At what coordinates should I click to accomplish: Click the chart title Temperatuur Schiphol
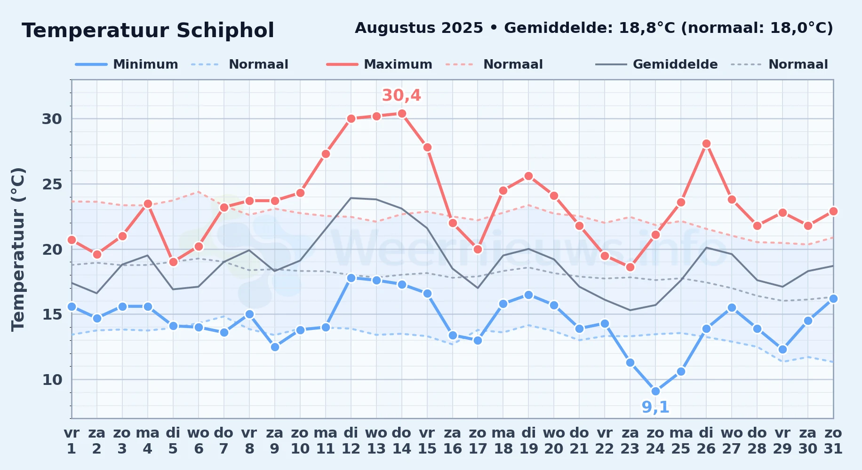point(148,31)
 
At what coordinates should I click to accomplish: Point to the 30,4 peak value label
point(401,95)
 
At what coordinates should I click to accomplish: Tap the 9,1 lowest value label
point(655,407)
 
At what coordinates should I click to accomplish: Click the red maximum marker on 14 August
point(402,113)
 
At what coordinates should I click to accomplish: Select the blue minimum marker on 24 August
point(655,391)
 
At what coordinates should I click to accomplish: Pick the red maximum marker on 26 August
point(706,143)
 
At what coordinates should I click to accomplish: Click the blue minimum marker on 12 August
point(351,278)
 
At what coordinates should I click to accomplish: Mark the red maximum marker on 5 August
point(173,262)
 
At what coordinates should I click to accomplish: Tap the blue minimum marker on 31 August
point(833,298)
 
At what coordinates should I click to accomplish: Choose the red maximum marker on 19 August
point(528,176)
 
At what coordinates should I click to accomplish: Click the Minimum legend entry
point(127,64)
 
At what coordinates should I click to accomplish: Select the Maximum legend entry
point(379,64)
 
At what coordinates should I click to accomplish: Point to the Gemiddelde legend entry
point(656,64)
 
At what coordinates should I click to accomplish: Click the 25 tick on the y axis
point(52,184)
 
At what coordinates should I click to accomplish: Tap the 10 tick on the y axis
point(52,380)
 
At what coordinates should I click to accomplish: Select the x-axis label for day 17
point(478,440)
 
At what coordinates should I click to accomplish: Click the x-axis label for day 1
point(72,440)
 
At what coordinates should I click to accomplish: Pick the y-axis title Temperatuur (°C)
point(18,249)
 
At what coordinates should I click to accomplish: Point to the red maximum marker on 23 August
point(630,267)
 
